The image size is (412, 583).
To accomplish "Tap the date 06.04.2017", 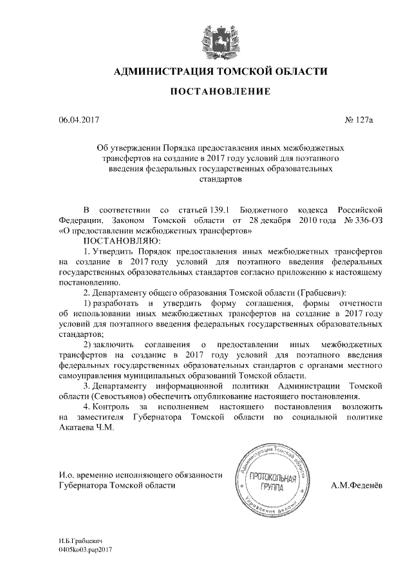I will click(x=79, y=120).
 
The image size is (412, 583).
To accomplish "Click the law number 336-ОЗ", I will click(x=366, y=220).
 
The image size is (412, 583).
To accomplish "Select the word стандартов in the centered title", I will click(x=220, y=180).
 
